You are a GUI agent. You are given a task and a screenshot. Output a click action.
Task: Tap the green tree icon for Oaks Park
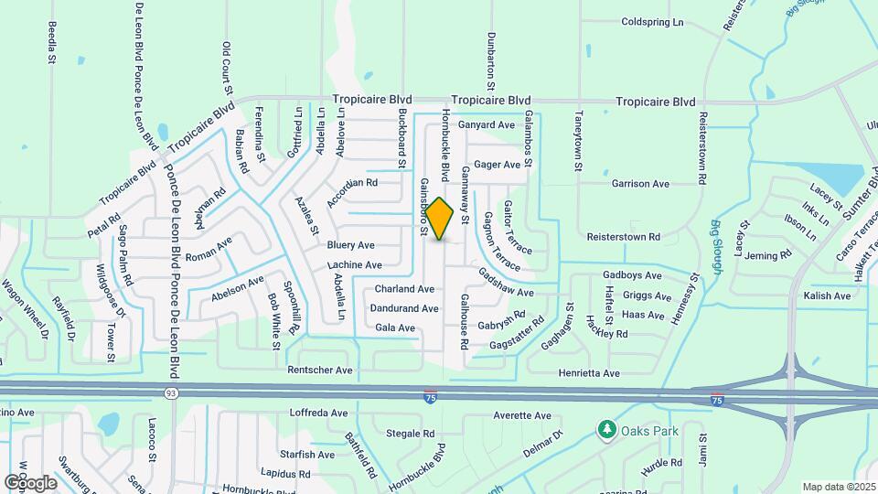605,429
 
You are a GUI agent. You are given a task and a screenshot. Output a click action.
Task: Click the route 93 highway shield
170,393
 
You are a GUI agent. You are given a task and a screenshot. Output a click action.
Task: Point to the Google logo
31,481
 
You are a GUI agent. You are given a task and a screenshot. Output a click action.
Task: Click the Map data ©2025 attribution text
839,487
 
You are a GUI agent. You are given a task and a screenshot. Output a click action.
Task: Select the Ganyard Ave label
487,124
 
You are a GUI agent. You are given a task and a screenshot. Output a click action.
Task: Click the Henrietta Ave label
589,373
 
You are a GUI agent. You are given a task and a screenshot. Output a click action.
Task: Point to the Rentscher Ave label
319,370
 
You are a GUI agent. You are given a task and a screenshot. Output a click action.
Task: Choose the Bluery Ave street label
351,245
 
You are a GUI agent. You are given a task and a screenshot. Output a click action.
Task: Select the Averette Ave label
522,414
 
